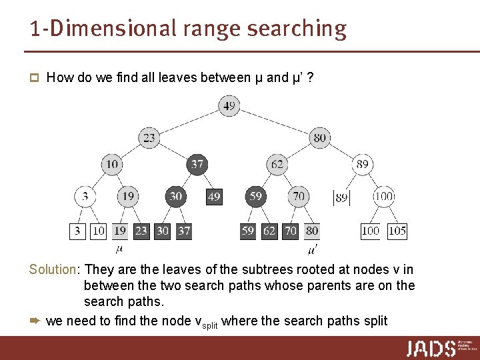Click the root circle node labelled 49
(229, 106)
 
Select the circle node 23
(149, 138)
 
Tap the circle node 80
(320, 138)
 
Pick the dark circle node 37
(197, 164)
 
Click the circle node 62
(277, 164)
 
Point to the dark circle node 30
(175, 197)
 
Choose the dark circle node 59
(255, 197)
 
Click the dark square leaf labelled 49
(214, 197)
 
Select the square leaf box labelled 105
(397, 231)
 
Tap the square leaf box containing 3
(78, 231)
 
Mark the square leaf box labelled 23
(141, 231)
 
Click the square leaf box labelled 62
(269, 231)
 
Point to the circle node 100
(384, 197)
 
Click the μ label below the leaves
(119, 249)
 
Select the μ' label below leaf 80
(313, 250)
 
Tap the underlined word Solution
(53, 269)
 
